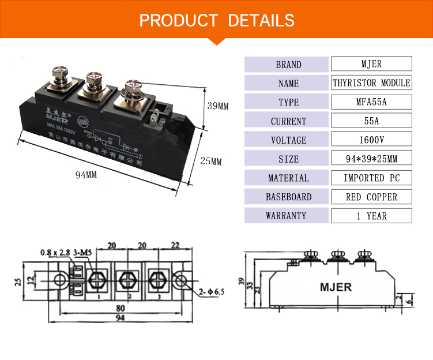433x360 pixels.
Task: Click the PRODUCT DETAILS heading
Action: pos(217,20)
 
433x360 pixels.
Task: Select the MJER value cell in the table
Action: pos(371,64)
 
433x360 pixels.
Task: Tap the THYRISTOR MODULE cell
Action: pos(371,83)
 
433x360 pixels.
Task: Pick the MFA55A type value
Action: pos(371,102)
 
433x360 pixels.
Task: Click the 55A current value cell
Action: pos(371,121)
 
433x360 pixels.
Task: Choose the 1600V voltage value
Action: pos(371,140)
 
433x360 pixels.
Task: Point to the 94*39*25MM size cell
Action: pos(371,159)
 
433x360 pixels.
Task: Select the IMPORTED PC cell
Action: pos(371,178)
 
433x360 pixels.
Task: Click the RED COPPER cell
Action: pos(371,197)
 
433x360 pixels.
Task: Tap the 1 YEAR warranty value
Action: pos(371,216)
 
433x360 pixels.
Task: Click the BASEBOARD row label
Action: pos(288,197)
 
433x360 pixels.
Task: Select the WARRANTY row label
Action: pos(288,216)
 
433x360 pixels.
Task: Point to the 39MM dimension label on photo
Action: pos(219,106)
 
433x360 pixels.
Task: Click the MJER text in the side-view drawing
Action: pos(336,286)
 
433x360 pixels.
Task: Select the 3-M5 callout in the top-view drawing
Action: pos(82,252)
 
